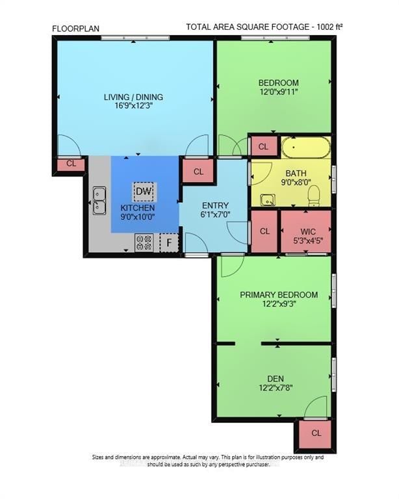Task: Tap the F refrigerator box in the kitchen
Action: (169, 243)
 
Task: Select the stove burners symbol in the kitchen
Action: (144, 243)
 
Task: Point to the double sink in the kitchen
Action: (99, 201)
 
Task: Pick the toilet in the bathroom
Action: (313, 195)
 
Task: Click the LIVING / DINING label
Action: (133, 97)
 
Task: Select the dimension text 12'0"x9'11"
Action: (279, 93)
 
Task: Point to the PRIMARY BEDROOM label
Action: (279, 295)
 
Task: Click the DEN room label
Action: (276, 377)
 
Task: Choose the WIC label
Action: (308, 231)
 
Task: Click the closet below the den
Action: (316, 433)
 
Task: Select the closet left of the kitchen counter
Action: (71, 164)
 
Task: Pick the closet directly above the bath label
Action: (263, 147)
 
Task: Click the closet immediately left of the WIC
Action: (264, 231)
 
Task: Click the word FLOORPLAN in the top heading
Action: (75, 28)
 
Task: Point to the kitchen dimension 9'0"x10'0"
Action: (138, 218)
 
